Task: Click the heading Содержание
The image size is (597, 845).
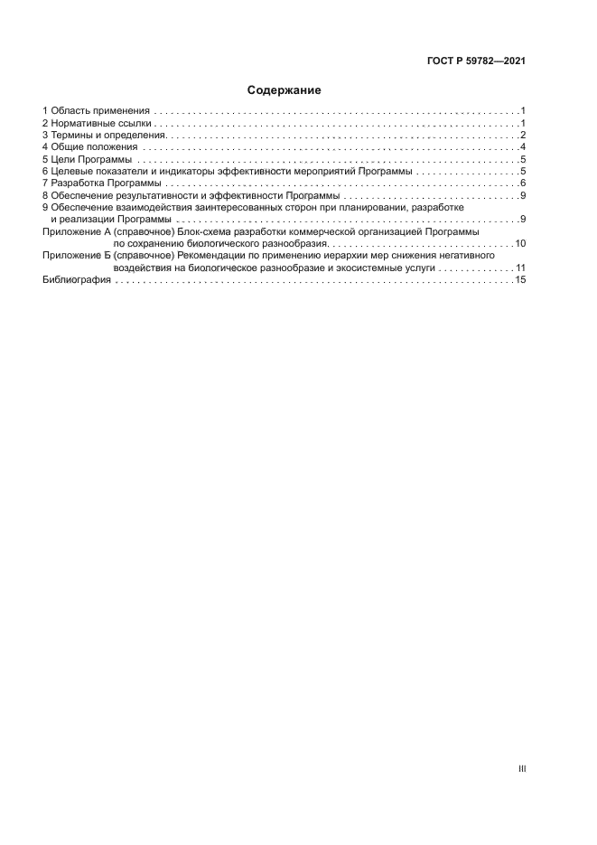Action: pos(285,90)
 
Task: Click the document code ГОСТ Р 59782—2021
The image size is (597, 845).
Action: pos(476,62)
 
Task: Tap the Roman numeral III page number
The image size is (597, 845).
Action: pos(521,769)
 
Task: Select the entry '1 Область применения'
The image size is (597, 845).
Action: pos(97,110)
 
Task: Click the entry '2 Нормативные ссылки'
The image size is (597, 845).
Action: pos(97,122)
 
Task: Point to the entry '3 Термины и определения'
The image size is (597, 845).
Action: pos(102,135)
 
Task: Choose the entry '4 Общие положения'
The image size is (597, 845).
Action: pos(90,146)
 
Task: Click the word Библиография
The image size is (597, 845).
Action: pos(77,281)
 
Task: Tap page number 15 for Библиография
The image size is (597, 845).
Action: pos(520,281)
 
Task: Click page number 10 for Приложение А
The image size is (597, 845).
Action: pos(520,244)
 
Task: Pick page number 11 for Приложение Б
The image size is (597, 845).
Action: pos(520,268)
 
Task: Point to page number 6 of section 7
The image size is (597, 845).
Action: pos(523,183)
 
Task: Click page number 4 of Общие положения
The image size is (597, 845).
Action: pos(523,146)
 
